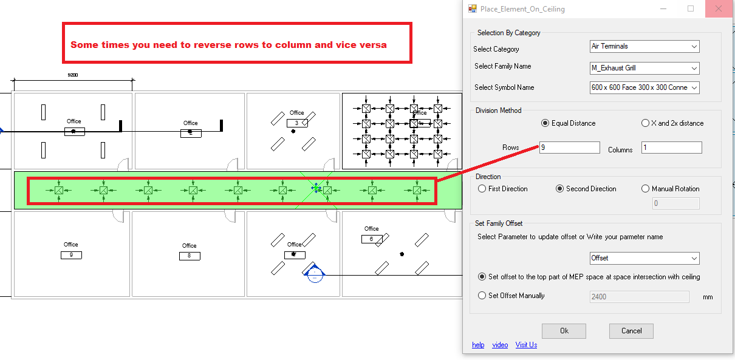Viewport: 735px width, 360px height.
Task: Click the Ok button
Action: pos(564,331)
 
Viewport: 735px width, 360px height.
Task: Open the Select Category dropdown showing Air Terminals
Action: pos(644,46)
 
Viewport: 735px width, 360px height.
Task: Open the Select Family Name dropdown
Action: pos(644,68)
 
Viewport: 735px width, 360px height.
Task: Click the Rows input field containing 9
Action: pos(570,148)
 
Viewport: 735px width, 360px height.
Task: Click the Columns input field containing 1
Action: pos(672,148)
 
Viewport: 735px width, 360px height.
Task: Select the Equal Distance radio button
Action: pos(545,123)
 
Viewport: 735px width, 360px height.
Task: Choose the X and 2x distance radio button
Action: pos(645,123)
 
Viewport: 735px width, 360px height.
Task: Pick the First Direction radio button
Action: pos(482,189)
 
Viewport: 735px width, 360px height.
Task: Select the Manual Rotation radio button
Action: pos(645,189)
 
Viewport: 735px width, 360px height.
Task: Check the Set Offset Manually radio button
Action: pos(482,296)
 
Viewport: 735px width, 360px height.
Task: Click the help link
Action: pos(478,345)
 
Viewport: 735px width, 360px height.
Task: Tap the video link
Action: pos(500,345)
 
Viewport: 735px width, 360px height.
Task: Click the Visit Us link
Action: pos(526,345)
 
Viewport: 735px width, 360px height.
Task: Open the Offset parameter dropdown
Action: pos(644,258)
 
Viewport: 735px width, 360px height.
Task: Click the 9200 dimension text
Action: pos(73,75)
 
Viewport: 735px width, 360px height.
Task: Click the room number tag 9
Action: pos(71,255)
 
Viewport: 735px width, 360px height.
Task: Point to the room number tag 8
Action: pos(190,256)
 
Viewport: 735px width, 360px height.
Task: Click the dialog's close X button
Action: pos(718,9)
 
